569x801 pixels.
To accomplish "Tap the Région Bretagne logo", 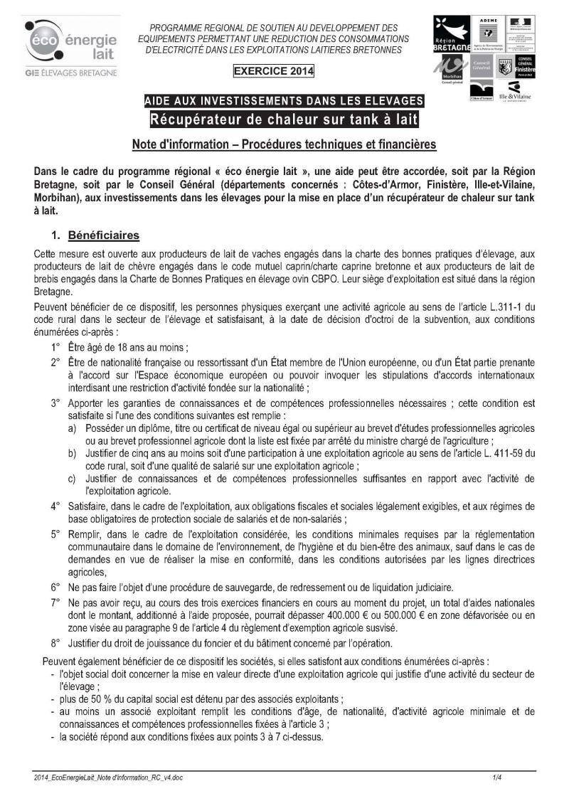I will click(452, 33).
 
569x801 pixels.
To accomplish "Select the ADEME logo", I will click(488, 33).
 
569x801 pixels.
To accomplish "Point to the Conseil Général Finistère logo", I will click(526, 67).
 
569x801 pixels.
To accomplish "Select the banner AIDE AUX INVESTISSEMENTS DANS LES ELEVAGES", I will click(284, 100).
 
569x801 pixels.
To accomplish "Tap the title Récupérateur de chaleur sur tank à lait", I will click(284, 117).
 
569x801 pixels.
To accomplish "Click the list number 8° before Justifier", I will click(55, 644).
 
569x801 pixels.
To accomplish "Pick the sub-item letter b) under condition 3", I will click(73, 453).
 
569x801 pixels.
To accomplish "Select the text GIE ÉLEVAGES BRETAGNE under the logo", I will click(70, 73).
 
